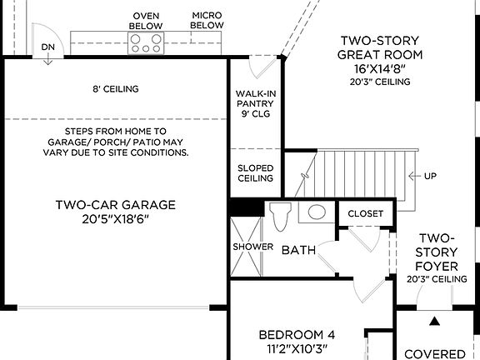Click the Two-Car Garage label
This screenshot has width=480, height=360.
coord(116,205)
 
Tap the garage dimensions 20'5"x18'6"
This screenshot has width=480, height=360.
coord(116,221)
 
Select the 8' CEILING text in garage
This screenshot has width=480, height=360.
coord(116,89)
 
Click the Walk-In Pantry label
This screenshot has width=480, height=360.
coord(254,103)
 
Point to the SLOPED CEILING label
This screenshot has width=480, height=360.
coord(255,172)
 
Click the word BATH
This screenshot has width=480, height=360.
coord(297,250)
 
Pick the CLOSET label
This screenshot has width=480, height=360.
coord(366,213)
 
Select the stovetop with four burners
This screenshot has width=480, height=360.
coord(145,43)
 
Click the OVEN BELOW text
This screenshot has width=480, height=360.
coord(146,21)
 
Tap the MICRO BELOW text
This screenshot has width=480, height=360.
coord(207,20)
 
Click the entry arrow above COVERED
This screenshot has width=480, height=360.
coord(434,320)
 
